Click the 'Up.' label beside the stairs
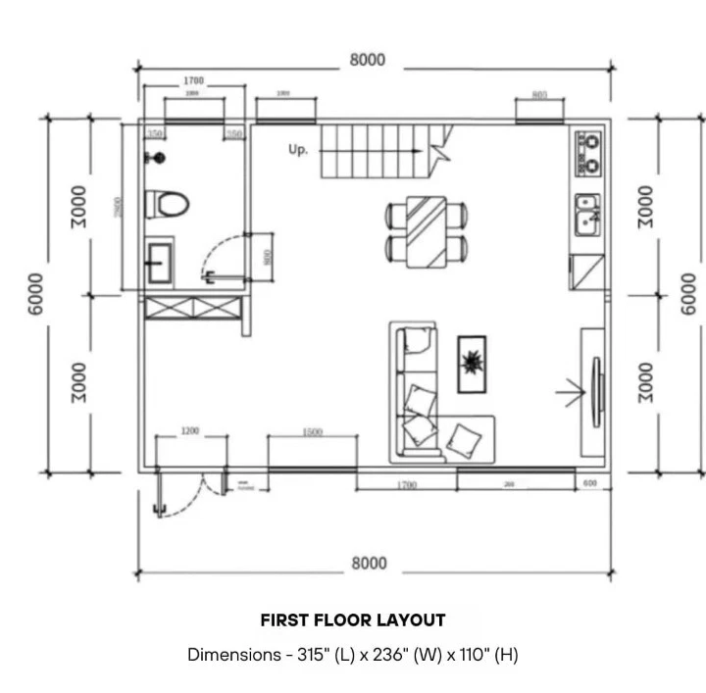point(298,150)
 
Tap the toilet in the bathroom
point(166,205)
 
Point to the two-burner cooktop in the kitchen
point(588,153)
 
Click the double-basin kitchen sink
point(588,216)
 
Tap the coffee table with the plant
point(472,364)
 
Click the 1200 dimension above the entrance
point(190,431)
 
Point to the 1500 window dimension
point(312,431)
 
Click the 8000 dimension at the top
point(368,60)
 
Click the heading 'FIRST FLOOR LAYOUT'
point(353,620)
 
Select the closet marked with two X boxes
point(192,308)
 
